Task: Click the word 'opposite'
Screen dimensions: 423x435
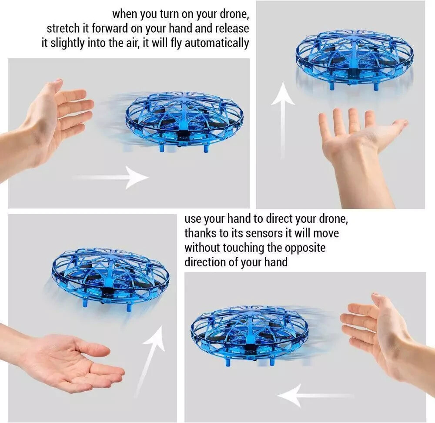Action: point(305,248)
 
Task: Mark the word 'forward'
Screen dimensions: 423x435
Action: point(110,29)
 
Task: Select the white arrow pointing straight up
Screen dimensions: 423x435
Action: point(283,117)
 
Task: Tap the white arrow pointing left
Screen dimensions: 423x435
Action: point(313,396)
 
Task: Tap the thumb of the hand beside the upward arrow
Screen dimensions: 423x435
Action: point(394,127)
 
